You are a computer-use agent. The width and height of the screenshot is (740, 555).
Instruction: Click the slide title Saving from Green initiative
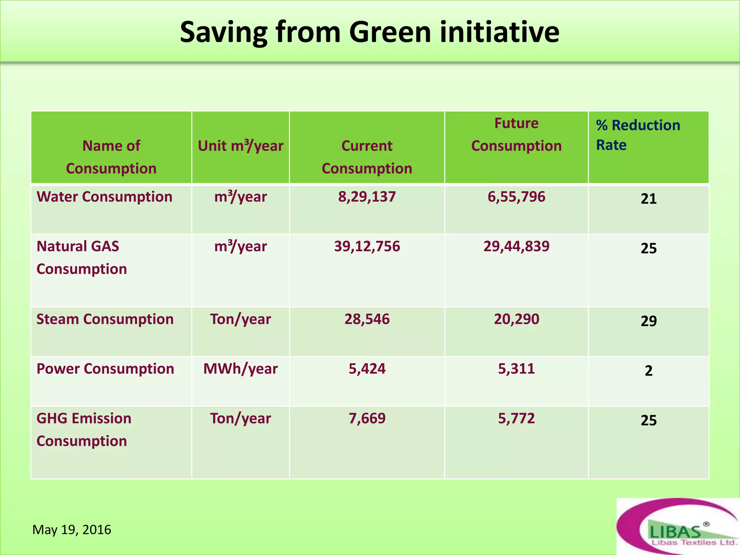click(369, 33)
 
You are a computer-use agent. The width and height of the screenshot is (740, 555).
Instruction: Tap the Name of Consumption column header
click(111, 157)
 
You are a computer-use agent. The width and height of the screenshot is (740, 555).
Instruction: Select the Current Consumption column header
click(367, 157)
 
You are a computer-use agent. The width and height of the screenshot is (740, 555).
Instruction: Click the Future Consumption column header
click(516, 135)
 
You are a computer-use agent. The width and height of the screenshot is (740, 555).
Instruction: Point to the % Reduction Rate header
click(638, 135)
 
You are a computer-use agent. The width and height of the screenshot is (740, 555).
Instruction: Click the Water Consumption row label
click(104, 197)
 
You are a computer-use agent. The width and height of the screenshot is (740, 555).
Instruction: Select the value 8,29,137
click(367, 197)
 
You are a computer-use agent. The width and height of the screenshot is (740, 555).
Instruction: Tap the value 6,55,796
click(516, 197)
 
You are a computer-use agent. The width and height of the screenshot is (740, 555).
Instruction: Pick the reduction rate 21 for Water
click(649, 199)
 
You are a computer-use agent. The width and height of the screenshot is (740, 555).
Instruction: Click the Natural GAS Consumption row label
click(82, 258)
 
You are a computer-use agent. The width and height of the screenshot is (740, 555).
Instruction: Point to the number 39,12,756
click(367, 246)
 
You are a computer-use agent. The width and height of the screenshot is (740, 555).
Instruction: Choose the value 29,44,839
click(516, 246)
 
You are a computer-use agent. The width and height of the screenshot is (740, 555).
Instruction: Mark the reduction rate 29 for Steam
click(649, 321)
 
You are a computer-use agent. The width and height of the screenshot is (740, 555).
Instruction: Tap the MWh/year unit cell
click(240, 369)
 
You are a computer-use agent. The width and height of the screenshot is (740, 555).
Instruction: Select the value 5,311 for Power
click(516, 369)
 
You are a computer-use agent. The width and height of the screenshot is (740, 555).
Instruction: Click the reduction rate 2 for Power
click(649, 371)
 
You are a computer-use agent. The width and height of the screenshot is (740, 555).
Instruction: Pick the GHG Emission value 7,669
click(367, 418)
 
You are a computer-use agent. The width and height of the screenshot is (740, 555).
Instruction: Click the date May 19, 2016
click(72, 530)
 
